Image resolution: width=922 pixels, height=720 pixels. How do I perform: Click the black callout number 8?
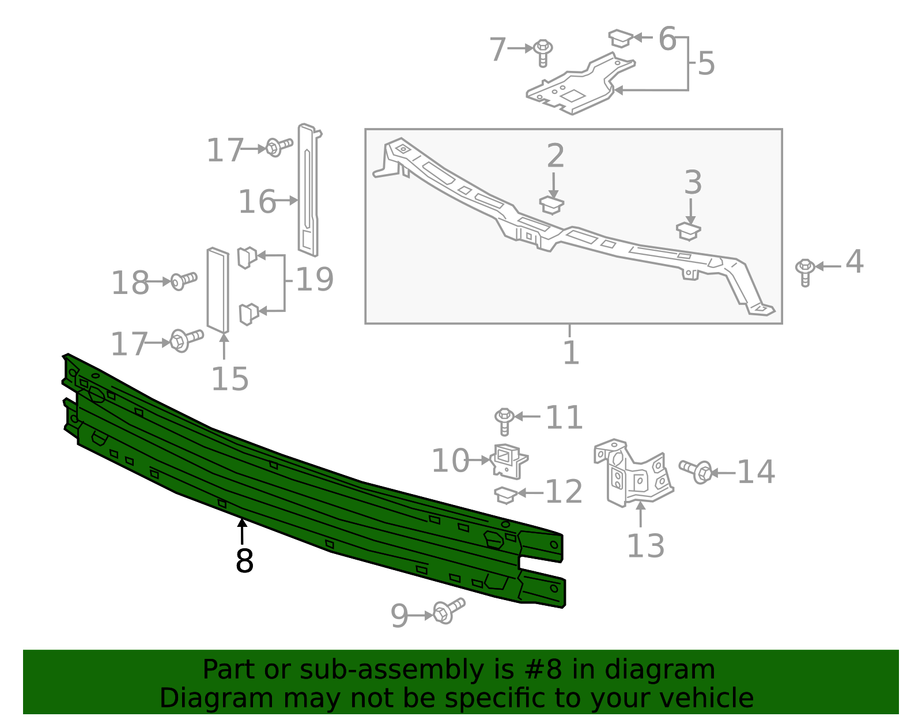(x=244, y=561)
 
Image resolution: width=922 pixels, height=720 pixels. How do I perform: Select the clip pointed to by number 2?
(x=551, y=205)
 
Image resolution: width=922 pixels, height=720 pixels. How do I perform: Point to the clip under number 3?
(x=688, y=231)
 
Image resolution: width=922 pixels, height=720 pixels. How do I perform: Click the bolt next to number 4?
(x=805, y=272)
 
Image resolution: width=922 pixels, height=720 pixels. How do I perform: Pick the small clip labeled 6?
(x=621, y=38)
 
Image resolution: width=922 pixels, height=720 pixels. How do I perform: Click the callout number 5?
(x=706, y=63)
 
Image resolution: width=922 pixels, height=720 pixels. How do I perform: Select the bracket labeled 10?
(x=509, y=461)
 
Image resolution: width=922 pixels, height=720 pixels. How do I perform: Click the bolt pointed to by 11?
(x=505, y=420)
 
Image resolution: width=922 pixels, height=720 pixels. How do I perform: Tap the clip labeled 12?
(x=505, y=495)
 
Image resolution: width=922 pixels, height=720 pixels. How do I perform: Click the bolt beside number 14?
(x=696, y=471)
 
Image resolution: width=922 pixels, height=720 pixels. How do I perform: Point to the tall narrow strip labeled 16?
(x=308, y=190)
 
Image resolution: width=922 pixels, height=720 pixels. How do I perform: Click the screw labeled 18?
(x=183, y=281)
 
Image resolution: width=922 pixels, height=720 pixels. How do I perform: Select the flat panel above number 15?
(x=218, y=290)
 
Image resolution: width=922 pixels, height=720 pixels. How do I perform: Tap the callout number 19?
(x=315, y=280)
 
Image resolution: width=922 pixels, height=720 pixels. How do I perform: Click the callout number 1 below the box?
(x=570, y=353)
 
